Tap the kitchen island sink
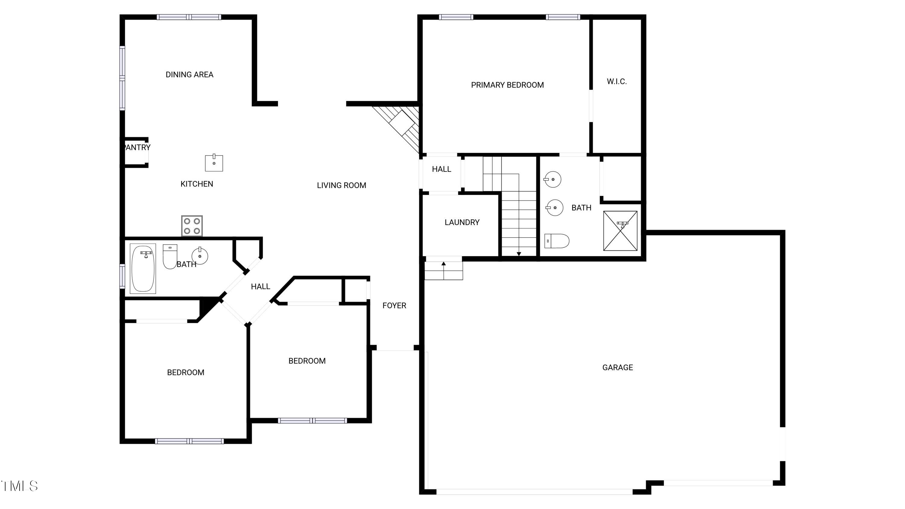(214, 163)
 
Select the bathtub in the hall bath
(143, 268)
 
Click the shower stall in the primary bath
(620, 231)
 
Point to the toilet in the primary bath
(557, 241)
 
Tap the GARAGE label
(617, 367)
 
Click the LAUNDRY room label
(462, 222)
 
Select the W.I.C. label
(617, 81)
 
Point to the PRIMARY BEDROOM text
(507, 85)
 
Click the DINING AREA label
(189, 75)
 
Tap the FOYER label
(394, 306)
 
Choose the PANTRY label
(137, 148)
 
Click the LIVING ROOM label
(341, 186)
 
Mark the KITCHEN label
(196, 184)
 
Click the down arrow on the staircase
(519, 254)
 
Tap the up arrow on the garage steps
(443, 263)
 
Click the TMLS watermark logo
(19, 486)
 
